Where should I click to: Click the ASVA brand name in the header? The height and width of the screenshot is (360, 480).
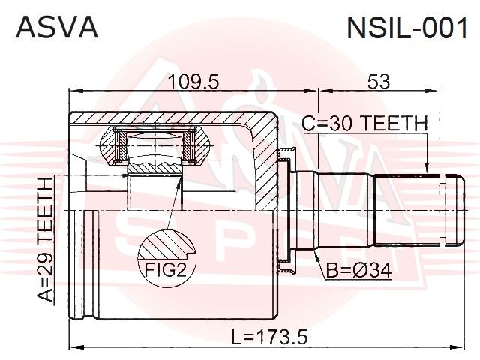coord(57,27)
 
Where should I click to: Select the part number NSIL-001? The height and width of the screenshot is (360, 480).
coord(407,28)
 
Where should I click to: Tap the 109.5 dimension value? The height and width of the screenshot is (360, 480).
coord(194,82)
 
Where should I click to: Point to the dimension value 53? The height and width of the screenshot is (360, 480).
coord(379,82)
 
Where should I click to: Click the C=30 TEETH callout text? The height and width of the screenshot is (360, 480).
coord(364,123)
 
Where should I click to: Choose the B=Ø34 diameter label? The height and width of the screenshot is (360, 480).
coord(358,271)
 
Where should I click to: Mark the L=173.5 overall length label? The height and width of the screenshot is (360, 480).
coord(269,337)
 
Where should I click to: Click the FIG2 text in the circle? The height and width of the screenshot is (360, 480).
coord(165,269)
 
